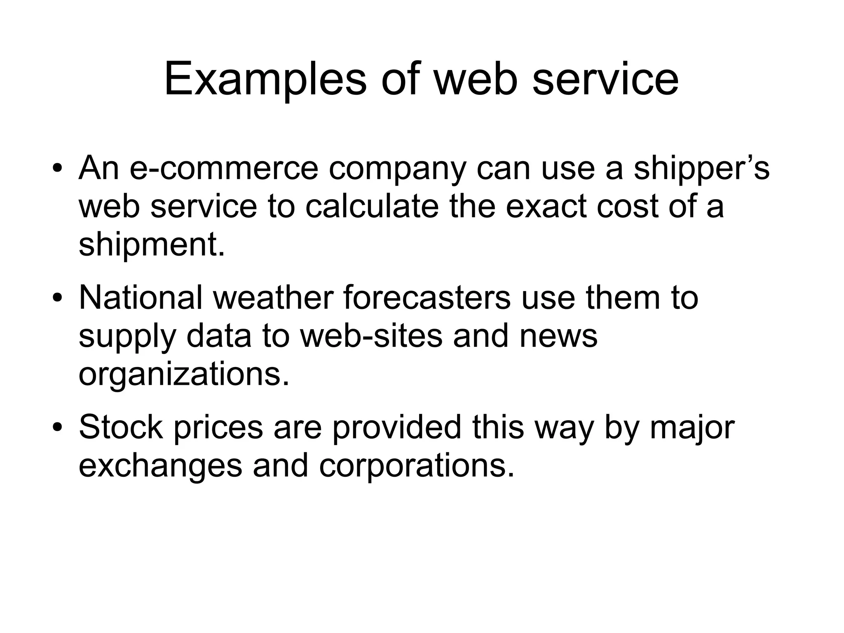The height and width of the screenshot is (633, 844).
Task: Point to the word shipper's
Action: click(x=701, y=169)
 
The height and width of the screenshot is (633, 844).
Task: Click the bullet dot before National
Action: click(x=57, y=298)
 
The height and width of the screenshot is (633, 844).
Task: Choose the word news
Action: click(x=558, y=336)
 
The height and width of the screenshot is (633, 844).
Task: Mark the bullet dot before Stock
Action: click(x=57, y=427)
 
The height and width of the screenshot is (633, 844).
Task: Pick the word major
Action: click(x=692, y=428)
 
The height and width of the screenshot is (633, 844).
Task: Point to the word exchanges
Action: click(x=160, y=466)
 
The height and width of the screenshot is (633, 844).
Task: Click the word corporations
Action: click(x=417, y=466)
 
